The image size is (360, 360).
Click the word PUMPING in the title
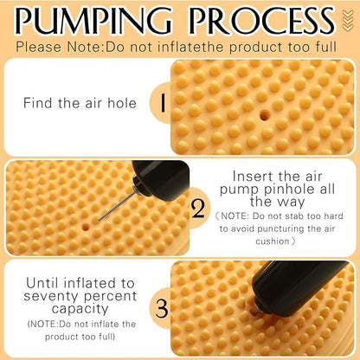[x=93, y=21]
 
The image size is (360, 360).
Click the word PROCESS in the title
[x=262, y=21]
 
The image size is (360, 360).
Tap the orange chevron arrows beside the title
[x=348, y=20]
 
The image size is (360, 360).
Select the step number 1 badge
[x=163, y=103]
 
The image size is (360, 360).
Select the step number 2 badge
[x=198, y=209]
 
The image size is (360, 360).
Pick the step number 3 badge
[x=162, y=309]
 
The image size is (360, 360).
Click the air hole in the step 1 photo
[x=264, y=115]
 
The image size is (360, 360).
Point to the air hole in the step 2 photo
[x=85, y=227]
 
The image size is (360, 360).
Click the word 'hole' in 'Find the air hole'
[x=122, y=103]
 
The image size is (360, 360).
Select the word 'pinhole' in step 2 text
[x=291, y=190]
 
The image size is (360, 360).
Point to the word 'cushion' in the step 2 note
[x=273, y=241]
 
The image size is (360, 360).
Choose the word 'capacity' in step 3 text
[x=80, y=309]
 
